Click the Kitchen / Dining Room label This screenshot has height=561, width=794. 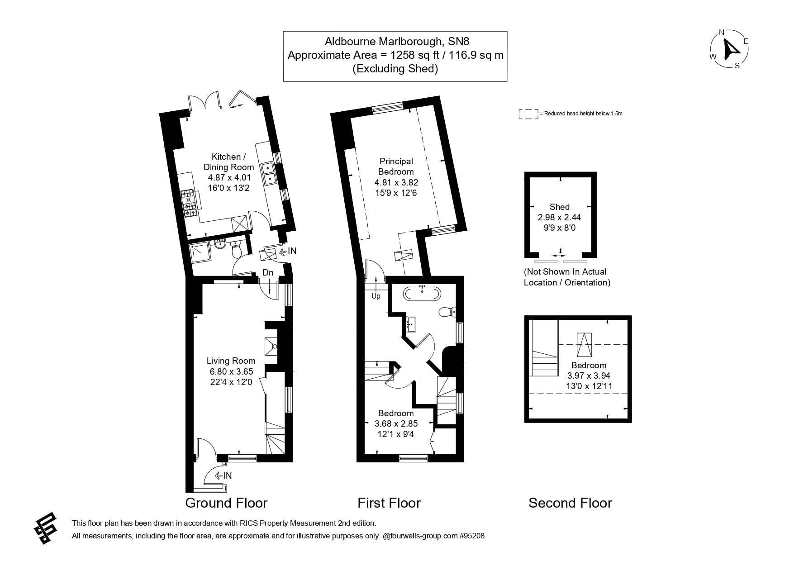click(x=228, y=162)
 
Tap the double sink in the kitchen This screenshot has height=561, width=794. click(x=269, y=173)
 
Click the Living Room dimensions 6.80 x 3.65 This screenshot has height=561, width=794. click(x=231, y=371)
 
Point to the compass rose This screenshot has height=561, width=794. click(x=729, y=49)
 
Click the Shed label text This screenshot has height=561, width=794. click(x=559, y=207)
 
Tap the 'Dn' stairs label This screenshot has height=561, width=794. click(x=268, y=272)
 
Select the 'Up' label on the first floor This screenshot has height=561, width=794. click(x=376, y=296)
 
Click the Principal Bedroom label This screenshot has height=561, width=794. click(x=396, y=166)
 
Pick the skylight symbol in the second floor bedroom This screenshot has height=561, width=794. click(x=584, y=345)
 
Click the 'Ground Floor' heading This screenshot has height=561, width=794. click(x=226, y=503)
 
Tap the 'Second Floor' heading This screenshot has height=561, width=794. click(x=570, y=503)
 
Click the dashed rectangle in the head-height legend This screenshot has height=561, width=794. click(x=528, y=114)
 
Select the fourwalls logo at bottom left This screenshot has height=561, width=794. click(x=46, y=528)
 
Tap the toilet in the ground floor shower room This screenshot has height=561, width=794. click(x=237, y=249)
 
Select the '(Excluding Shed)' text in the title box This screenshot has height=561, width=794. click(x=395, y=69)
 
